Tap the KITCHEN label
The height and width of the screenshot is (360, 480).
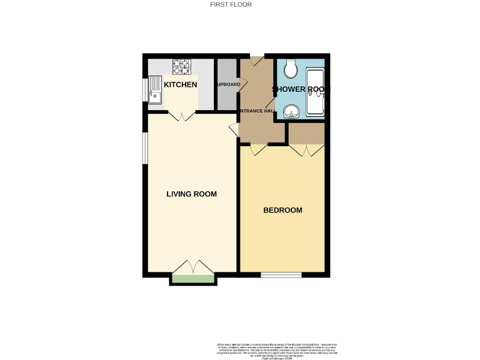pyautogui.click(x=181, y=84)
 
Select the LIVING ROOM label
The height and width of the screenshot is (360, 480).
pyautogui.click(x=191, y=194)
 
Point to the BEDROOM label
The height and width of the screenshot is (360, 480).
pyautogui.click(x=282, y=211)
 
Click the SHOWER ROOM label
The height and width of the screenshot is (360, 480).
pyautogui.click(x=298, y=89)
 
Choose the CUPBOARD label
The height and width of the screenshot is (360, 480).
pyautogui.click(x=228, y=84)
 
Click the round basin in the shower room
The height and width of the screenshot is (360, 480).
pyautogui.click(x=291, y=112)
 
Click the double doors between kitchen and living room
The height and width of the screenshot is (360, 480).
pyautogui.click(x=181, y=116)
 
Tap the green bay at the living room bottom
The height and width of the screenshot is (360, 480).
pyautogui.click(x=193, y=279)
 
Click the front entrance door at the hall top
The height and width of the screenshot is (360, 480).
pyautogui.click(x=256, y=61)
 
